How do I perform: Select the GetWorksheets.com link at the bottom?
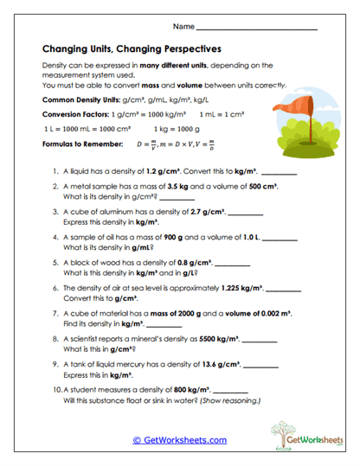pos(179,439)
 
